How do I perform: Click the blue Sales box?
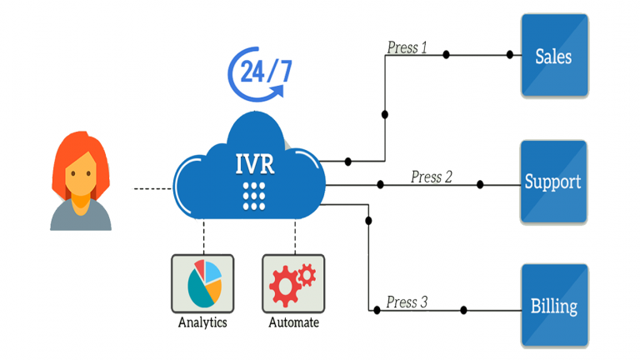(554, 55)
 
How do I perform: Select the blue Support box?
(554, 182)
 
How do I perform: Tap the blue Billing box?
(554, 305)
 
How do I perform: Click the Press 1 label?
(407, 47)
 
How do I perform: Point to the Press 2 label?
(432, 177)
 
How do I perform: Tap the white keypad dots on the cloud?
(253, 194)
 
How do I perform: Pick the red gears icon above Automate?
(292, 283)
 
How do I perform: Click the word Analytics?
(202, 322)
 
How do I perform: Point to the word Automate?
(293, 322)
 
